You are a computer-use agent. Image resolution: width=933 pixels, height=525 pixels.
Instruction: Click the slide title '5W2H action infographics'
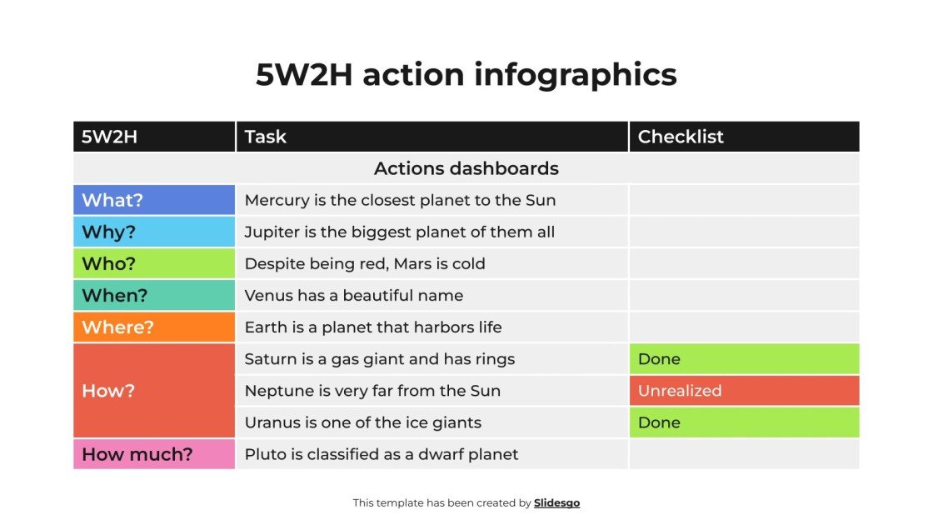466,75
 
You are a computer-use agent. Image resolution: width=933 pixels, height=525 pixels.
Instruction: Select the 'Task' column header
266,137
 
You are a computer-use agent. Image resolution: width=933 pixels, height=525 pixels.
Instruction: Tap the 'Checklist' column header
681,137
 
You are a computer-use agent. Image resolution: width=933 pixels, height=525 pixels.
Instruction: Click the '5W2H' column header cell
109,137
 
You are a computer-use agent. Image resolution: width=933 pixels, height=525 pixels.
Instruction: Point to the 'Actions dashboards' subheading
466,168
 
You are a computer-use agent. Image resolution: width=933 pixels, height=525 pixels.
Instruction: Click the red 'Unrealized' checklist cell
743,391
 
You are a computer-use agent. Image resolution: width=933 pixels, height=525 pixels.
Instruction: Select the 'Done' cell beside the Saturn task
743,359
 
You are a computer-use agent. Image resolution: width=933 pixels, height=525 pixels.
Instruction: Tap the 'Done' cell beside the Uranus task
743,422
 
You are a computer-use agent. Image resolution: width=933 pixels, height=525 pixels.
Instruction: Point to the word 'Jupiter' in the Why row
272,232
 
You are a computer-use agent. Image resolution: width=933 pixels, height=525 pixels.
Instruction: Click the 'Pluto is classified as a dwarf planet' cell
382,454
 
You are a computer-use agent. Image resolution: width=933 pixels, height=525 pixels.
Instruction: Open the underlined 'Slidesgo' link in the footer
556,502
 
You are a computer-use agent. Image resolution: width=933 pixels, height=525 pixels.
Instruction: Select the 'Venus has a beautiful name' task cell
354,296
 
